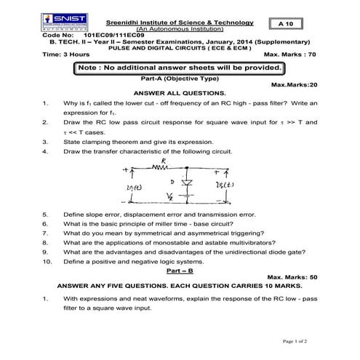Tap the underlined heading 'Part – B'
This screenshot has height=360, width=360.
(x=179, y=269)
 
